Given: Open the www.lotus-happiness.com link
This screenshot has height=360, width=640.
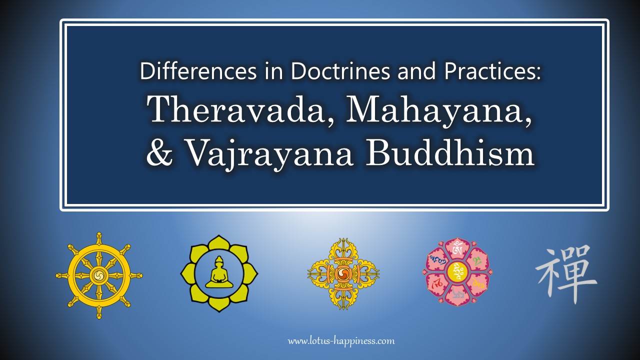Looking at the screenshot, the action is (341, 341).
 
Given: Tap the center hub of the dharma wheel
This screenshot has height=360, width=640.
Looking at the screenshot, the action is (99, 275).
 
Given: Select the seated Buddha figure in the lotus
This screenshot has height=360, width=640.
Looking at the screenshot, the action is (219, 273).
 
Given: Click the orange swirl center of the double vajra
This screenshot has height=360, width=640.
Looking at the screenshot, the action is (343, 273).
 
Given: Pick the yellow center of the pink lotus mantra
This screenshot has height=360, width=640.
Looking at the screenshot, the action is (457, 272).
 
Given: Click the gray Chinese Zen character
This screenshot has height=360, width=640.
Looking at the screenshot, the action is (565, 274).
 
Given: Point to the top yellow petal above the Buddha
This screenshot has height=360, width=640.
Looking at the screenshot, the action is (219, 243).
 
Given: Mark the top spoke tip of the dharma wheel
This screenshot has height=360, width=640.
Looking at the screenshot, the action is (99, 234).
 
